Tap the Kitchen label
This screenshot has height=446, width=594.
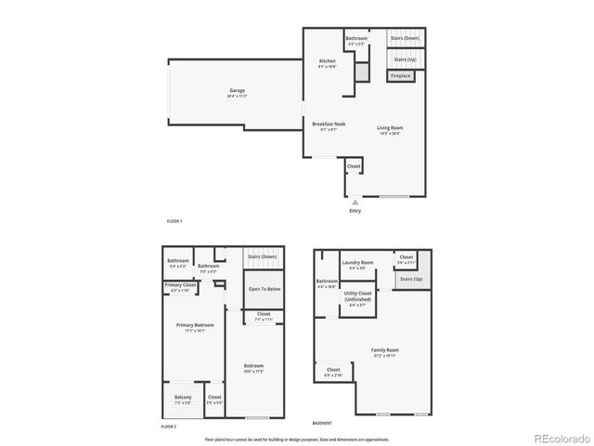click(x=327, y=62)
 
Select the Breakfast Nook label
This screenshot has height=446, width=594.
click(x=329, y=125)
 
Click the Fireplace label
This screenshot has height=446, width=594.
click(x=400, y=75)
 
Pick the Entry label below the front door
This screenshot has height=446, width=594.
click(x=355, y=211)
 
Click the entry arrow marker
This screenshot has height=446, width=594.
click(x=355, y=200)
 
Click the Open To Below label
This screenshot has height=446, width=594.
click(x=264, y=289)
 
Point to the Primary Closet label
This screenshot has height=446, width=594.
click(x=180, y=286)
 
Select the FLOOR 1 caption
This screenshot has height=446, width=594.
click(x=174, y=221)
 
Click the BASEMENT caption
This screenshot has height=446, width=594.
click(x=323, y=421)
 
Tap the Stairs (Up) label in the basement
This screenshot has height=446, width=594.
click(x=410, y=278)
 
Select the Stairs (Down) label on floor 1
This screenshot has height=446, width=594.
click(x=405, y=39)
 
